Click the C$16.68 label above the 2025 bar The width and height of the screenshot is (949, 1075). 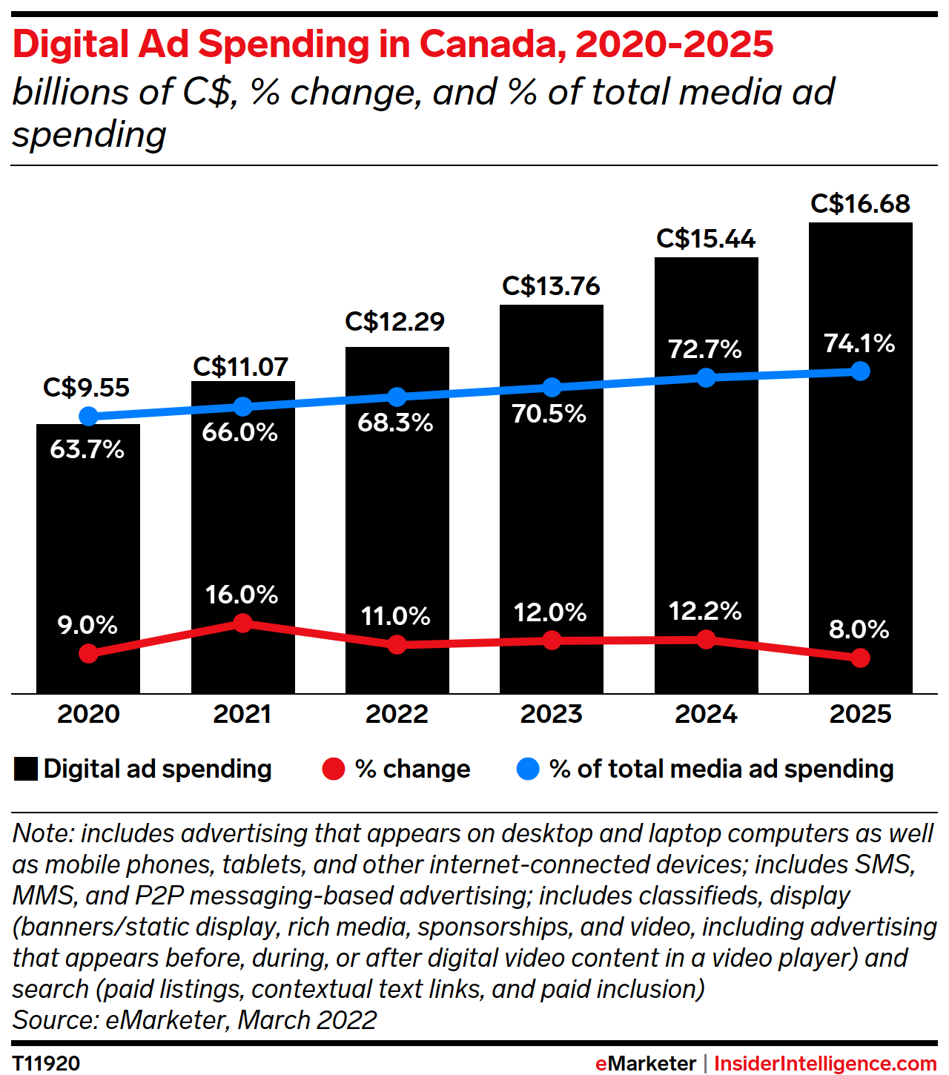pyautogui.click(x=860, y=204)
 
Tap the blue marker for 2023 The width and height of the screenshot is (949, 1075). pyautogui.click(x=552, y=387)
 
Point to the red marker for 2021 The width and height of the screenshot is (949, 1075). pyautogui.click(x=242, y=623)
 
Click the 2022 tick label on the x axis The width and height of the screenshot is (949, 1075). pyautogui.click(x=397, y=714)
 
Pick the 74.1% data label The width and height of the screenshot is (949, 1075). pyautogui.click(x=859, y=343)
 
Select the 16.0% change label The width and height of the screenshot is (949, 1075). pyautogui.click(x=242, y=595)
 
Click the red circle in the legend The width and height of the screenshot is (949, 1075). pyautogui.click(x=334, y=769)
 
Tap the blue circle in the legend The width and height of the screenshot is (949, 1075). pyautogui.click(x=528, y=769)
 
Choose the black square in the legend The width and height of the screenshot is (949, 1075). pyautogui.click(x=26, y=769)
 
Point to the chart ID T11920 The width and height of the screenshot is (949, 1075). pyautogui.click(x=46, y=1063)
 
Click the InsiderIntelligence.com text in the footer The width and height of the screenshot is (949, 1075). pyautogui.click(x=824, y=1063)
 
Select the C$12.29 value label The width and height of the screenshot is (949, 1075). pyautogui.click(x=394, y=322)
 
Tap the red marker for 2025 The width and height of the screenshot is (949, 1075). pyautogui.click(x=860, y=658)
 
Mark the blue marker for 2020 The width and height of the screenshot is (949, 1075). pyautogui.click(x=88, y=416)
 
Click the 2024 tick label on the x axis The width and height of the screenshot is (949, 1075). pyautogui.click(x=706, y=714)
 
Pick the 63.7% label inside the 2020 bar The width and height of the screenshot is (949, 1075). pyautogui.click(x=87, y=449)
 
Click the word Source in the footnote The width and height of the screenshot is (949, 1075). pyautogui.click(x=55, y=1020)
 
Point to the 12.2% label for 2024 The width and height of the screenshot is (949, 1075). pyautogui.click(x=705, y=612)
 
